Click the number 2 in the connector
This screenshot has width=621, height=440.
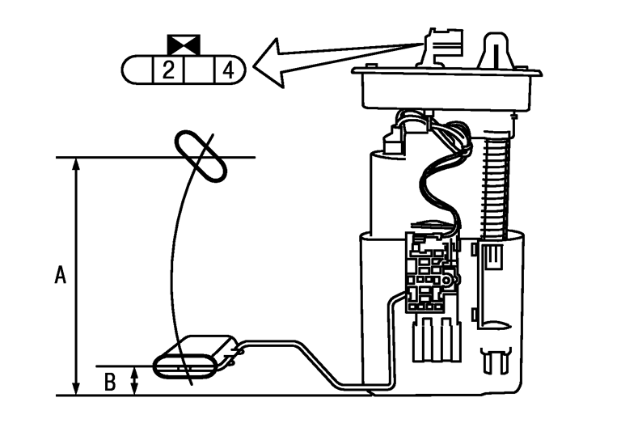(x=167, y=70)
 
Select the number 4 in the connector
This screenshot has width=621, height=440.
(x=229, y=70)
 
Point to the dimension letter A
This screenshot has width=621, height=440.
(x=60, y=275)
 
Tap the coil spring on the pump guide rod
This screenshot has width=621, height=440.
(x=492, y=186)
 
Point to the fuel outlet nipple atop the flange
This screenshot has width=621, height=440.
(x=495, y=50)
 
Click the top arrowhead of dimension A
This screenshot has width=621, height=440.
(x=76, y=164)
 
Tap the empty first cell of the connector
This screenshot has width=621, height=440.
(x=138, y=70)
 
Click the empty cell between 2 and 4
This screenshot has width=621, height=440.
(x=198, y=70)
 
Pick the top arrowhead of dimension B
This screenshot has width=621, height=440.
(x=135, y=372)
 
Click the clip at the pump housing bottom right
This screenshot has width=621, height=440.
(x=496, y=360)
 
